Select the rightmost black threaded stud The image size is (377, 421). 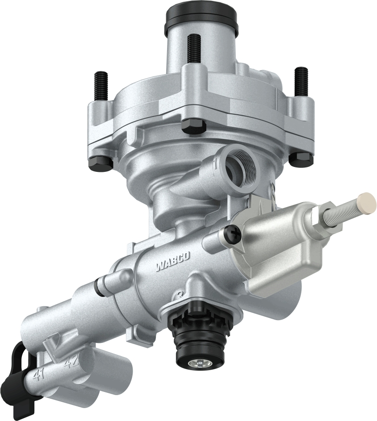pos(302,83)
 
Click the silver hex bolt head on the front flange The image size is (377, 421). pos(193,126)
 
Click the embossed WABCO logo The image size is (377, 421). pos(173,261)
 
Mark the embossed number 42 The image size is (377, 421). pos(71,362)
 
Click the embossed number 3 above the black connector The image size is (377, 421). pos(179,294)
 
